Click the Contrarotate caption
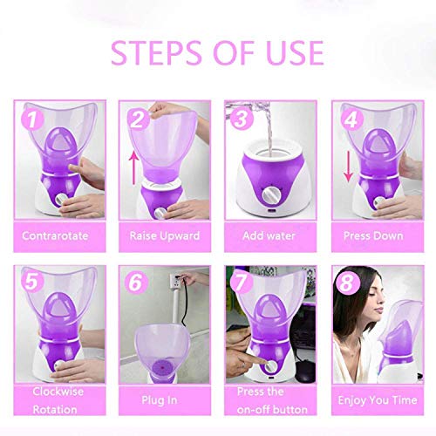58,235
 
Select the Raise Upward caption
164,235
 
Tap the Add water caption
269,235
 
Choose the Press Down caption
376,235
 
